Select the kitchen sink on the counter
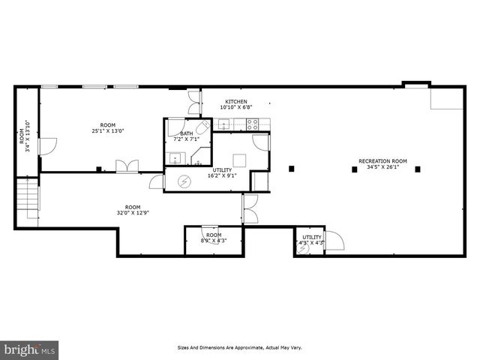pyautogui.click(x=223, y=125)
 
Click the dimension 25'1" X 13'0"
pyautogui.click(x=108, y=131)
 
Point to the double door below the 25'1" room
pyautogui.click(x=127, y=166)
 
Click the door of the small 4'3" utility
pyautogui.click(x=333, y=241)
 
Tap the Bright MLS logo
pyautogui.click(x=29, y=349)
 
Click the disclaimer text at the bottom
pyautogui.click(x=239, y=347)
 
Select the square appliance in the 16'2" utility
pyautogui.click(x=239, y=159)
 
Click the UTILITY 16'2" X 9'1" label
pyautogui.click(x=223, y=172)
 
